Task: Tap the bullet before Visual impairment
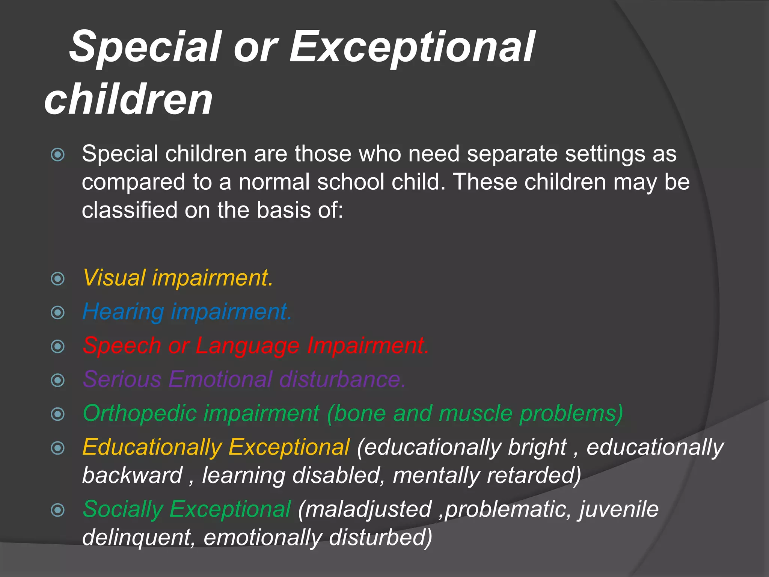tap(57, 279)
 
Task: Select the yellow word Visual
tap(114, 278)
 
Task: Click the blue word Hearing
tap(123, 312)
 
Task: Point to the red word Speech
tap(122, 346)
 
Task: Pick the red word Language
tap(247, 346)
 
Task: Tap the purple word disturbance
tap(342, 379)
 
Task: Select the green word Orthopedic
tap(140, 413)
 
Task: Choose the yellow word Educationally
tap(152, 447)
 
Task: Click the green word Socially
tap(122, 509)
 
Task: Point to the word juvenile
tap(619, 509)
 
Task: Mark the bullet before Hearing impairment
tap(57, 313)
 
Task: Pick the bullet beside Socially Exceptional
tap(57, 510)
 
